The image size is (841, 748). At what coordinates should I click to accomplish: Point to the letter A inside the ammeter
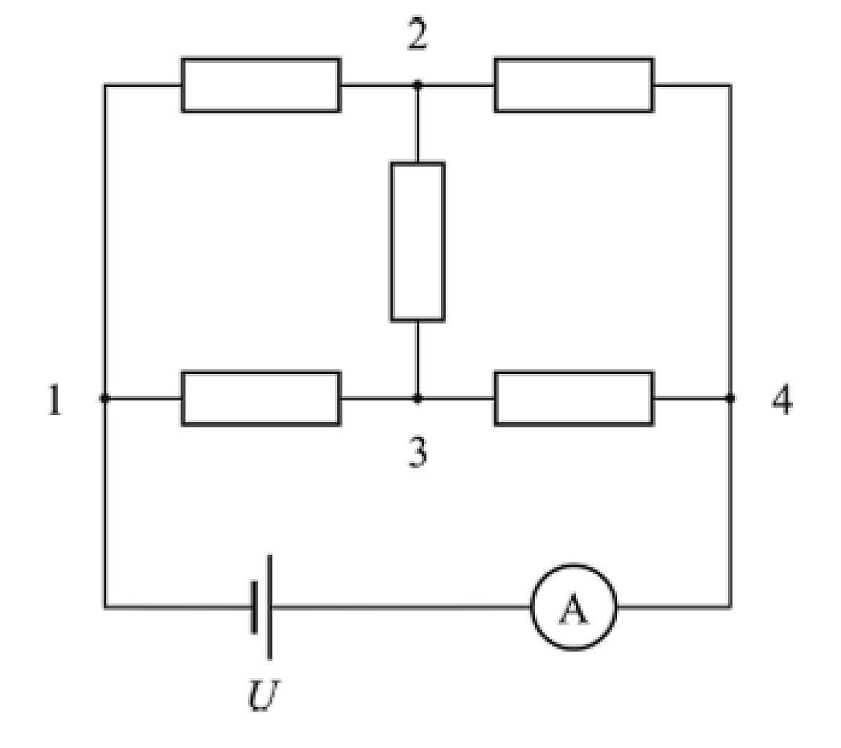coord(573,609)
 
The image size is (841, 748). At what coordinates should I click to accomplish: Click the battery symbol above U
coord(262,607)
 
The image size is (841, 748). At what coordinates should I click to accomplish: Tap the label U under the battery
coord(264,695)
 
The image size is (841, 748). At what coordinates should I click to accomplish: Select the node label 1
coord(55,400)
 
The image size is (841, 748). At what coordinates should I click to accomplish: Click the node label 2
coord(418,34)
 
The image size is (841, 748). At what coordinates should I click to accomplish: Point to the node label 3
coord(418,452)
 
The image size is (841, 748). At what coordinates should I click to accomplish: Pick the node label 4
coord(782,400)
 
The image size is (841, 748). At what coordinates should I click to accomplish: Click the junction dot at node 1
coord(104,399)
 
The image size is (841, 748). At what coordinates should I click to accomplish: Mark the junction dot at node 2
coord(418,85)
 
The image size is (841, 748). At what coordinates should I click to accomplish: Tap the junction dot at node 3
coord(418,399)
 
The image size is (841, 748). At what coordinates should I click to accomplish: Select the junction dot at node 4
coord(730,398)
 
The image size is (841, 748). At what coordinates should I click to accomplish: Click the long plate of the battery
coord(269,607)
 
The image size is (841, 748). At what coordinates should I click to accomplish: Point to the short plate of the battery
coord(254,607)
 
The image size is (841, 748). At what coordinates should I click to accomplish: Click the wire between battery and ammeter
coord(402,607)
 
